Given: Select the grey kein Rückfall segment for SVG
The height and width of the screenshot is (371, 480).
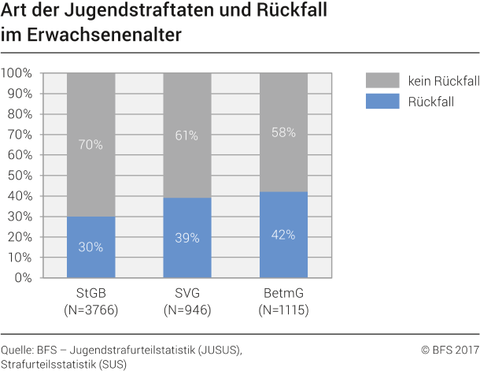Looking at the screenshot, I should pyautogui.click(x=187, y=135).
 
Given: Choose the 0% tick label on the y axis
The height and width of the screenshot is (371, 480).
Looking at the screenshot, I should pyautogui.click(x=23, y=278).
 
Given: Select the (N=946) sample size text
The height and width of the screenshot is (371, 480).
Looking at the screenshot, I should pyautogui.click(x=187, y=310).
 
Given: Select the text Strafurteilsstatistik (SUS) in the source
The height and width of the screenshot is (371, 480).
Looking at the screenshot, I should pyautogui.click(x=64, y=363).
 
